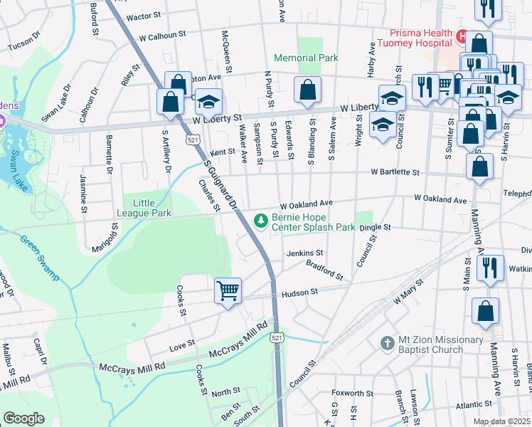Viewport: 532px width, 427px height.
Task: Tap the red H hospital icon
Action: [462, 34]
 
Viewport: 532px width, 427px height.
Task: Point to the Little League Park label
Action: [148, 206]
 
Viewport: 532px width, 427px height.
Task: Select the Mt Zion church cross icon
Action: [387, 343]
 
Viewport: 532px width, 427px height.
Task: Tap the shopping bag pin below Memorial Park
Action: [307, 90]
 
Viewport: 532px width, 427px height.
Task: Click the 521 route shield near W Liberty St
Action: [193, 140]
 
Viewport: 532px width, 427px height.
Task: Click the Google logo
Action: [24, 418]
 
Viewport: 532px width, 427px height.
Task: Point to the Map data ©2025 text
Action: [501, 421]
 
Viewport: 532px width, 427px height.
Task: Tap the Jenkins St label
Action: [305, 253]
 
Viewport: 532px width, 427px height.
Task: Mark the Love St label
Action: [182, 347]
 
